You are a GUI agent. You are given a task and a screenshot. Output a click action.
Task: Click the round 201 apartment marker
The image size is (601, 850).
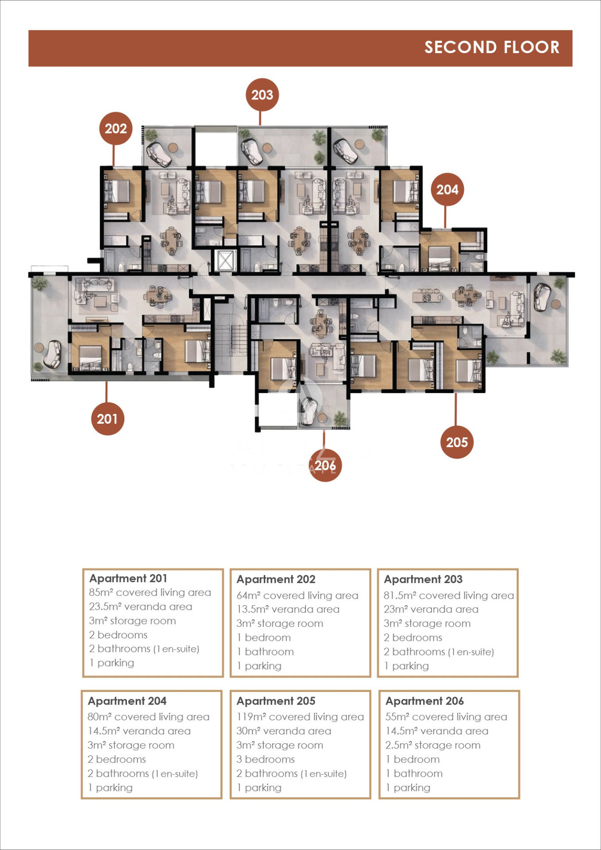point(108,419)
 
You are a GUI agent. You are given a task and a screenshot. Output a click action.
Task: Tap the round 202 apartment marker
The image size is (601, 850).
point(116,128)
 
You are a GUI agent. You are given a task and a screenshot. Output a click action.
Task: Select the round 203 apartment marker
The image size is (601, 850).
point(262,95)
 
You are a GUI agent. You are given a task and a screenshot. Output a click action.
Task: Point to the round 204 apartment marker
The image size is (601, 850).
point(447,189)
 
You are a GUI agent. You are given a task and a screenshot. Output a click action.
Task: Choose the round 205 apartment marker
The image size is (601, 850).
point(457,442)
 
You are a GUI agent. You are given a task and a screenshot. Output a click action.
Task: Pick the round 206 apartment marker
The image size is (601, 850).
point(325,465)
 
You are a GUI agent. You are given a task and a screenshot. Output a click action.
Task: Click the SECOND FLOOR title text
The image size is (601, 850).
point(492,47)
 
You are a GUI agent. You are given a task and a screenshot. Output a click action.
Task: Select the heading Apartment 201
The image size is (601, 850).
point(128,578)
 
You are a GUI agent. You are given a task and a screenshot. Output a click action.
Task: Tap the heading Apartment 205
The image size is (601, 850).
point(276,701)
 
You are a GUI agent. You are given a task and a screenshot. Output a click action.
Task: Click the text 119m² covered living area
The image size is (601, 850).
point(300,717)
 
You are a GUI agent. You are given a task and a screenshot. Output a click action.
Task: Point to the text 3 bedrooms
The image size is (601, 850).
point(266,759)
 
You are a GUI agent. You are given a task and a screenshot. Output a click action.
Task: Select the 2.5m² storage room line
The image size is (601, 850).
point(433,745)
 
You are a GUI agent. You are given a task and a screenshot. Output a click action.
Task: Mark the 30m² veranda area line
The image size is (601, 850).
point(284,731)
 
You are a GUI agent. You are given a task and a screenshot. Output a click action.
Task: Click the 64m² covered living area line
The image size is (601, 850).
point(297,595)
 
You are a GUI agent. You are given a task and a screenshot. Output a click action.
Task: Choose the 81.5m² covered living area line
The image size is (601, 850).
point(449,595)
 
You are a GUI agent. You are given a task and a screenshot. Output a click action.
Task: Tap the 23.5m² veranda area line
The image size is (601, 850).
point(141,607)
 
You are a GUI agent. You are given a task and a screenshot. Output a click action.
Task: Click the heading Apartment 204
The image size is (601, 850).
point(127,701)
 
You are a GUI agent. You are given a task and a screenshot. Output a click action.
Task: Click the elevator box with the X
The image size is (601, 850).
point(225,261)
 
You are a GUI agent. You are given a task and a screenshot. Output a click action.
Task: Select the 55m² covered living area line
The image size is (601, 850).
point(446,717)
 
